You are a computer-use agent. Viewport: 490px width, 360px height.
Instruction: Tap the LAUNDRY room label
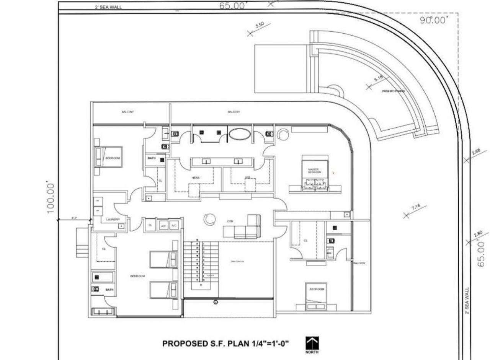(x=113, y=219)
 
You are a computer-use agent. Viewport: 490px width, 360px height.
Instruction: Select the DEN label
(x=230, y=221)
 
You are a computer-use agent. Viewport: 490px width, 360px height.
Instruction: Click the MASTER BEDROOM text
(x=313, y=171)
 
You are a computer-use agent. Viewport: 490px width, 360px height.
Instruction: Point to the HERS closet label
(x=196, y=178)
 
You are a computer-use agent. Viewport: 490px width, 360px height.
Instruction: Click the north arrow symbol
(x=312, y=342)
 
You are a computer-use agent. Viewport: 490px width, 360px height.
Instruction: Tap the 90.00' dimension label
(x=433, y=20)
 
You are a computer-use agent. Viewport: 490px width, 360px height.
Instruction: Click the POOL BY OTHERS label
(x=393, y=91)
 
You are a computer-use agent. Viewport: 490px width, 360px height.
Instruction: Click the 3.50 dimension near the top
(x=260, y=25)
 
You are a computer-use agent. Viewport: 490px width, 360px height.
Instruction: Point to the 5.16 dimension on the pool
(x=378, y=79)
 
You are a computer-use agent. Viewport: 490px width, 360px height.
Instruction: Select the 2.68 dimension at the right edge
(x=476, y=152)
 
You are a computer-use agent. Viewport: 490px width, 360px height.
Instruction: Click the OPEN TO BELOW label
(x=237, y=262)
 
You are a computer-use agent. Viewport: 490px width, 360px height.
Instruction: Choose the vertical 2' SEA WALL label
(x=467, y=300)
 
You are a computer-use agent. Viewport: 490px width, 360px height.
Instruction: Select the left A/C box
(x=163, y=226)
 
